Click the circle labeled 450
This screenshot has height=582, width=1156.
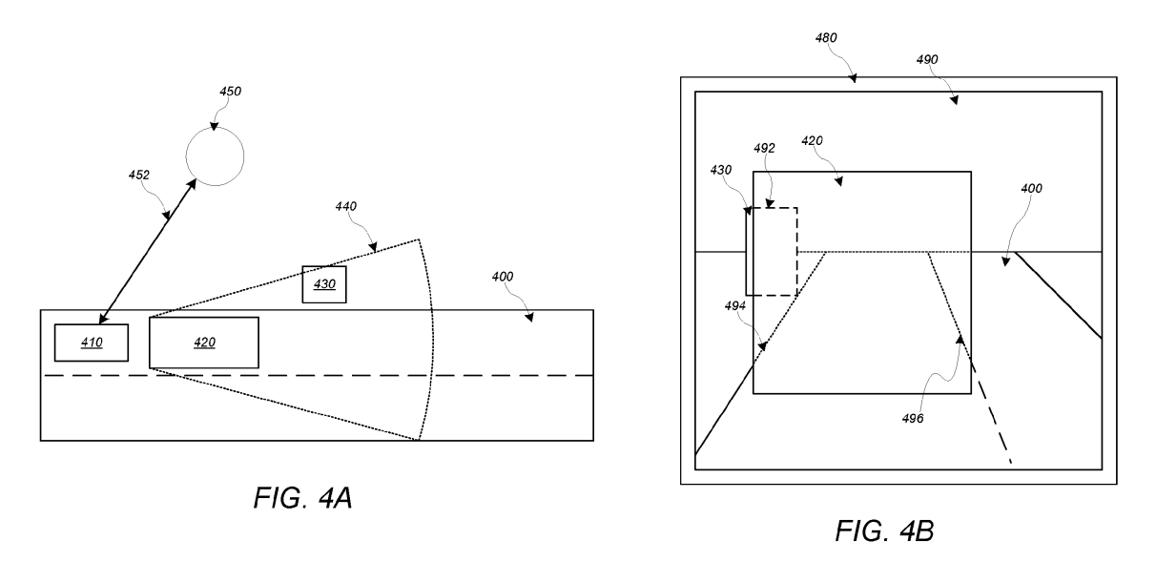click(x=214, y=156)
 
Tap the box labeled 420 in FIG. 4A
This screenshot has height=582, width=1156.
click(x=204, y=343)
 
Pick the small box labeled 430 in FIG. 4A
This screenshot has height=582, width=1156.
click(x=324, y=284)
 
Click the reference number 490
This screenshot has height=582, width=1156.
click(x=926, y=59)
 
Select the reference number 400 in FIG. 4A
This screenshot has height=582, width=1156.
click(x=503, y=277)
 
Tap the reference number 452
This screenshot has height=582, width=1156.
click(x=140, y=175)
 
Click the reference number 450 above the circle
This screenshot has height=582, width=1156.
click(x=230, y=92)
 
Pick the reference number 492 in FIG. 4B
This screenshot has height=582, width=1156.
click(x=763, y=149)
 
